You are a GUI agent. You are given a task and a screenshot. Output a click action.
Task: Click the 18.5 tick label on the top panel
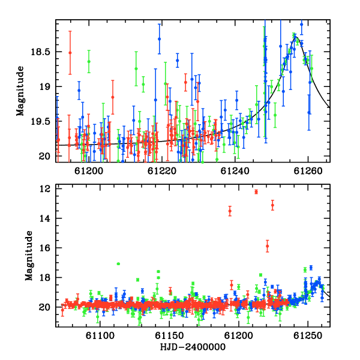[x=40, y=52]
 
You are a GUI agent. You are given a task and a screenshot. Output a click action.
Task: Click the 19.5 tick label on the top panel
[x=40, y=122]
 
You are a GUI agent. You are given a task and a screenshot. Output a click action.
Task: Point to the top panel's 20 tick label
[x=44, y=157]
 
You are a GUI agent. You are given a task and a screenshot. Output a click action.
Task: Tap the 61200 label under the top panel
[x=89, y=171]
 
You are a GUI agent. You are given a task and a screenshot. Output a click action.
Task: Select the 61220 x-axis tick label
[x=162, y=171]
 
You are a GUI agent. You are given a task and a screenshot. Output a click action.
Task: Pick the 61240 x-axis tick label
[x=235, y=171]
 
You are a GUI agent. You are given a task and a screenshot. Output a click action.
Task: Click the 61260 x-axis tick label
[x=308, y=171]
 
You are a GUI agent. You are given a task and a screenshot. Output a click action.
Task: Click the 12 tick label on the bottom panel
[x=44, y=189]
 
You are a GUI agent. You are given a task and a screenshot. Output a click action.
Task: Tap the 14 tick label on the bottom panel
[x=44, y=218]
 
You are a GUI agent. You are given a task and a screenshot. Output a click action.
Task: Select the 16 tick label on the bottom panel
[x=44, y=248]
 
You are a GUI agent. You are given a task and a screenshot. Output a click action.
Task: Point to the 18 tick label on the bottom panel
[x=44, y=278]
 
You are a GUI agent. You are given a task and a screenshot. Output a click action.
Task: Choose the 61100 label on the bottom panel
[x=100, y=336]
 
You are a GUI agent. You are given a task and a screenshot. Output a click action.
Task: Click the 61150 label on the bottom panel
[x=169, y=336]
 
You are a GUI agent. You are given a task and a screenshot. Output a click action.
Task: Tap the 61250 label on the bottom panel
[x=308, y=336]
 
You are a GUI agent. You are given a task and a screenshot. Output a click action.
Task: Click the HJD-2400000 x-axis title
[x=193, y=347]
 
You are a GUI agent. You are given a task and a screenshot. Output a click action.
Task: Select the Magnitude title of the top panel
[x=20, y=91]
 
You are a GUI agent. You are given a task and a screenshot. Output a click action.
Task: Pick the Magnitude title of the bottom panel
[x=29, y=256]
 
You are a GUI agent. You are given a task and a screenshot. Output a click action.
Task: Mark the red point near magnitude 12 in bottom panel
[x=256, y=192]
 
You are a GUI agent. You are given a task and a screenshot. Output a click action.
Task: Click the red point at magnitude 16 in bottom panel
[x=267, y=246]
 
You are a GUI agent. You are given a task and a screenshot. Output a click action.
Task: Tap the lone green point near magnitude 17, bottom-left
[x=118, y=264]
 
